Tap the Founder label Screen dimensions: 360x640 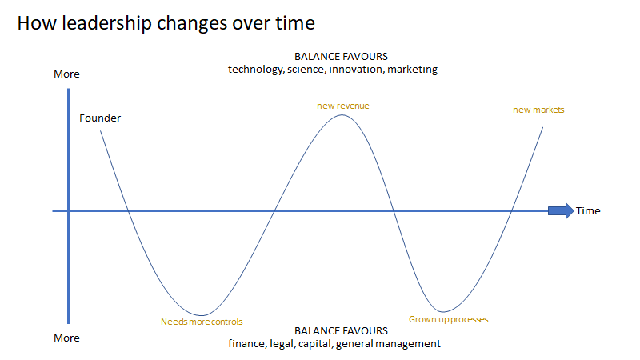(x=100, y=118)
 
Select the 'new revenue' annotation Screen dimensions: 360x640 (x=342, y=105)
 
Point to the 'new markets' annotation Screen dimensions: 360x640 (x=538, y=110)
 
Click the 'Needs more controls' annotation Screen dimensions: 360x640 (x=202, y=322)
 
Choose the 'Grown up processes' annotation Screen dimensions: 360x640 (x=448, y=319)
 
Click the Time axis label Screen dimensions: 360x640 (x=588, y=211)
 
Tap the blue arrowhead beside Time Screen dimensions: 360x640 (x=562, y=210)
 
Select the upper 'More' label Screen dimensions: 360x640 (x=66, y=74)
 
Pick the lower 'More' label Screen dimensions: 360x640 (x=66, y=338)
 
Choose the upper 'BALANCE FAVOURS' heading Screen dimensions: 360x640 (x=341, y=57)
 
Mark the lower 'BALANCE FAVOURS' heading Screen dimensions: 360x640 (x=341, y=330)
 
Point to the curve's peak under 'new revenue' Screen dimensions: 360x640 (x=342, y=115)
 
